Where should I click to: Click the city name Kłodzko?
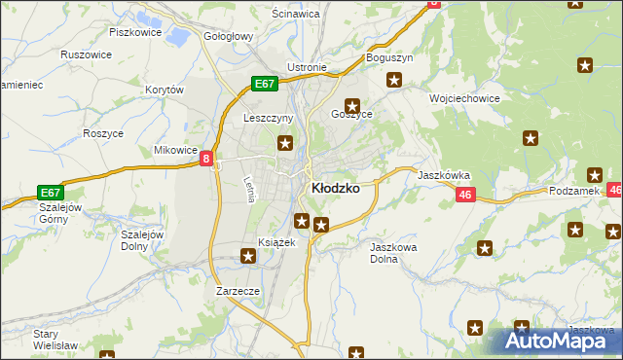coord(334,189)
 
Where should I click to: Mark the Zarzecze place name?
coord(238,290)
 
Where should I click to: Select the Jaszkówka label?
coord(444,176)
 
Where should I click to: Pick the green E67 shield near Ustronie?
coord(265,84)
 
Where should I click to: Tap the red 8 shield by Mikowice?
coord(207,159)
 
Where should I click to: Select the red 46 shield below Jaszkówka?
coord(464,196)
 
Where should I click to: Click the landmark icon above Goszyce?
coord(352,106)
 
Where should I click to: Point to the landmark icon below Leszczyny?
coord(285,145)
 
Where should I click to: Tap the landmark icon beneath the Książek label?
coord(249,256)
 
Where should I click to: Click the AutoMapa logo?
coord(559,341)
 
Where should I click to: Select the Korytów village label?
coord(164,90)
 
